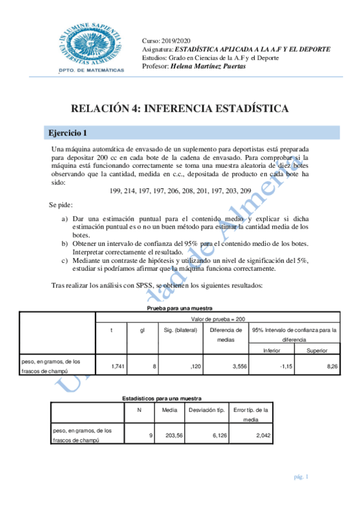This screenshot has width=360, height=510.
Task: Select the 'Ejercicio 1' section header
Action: click(x=69, y=132)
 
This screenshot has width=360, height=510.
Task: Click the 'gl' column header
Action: click(x=142, y=330)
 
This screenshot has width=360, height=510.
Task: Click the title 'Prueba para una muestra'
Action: click(x=179, y=308)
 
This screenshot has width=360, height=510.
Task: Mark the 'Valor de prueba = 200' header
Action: click(x=218, y=319)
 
